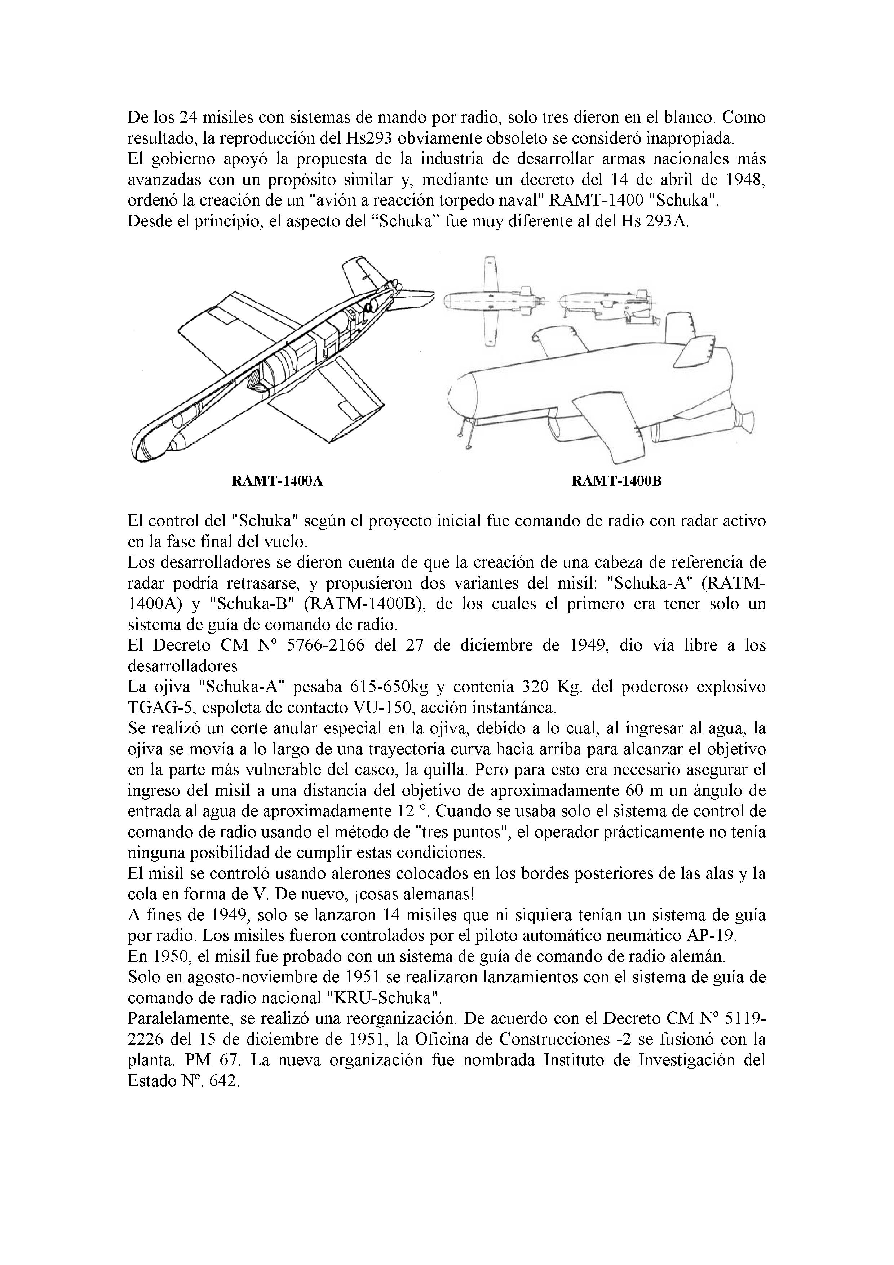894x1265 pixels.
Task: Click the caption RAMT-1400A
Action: [277, 481]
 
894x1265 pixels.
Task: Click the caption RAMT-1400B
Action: [616, 481]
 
